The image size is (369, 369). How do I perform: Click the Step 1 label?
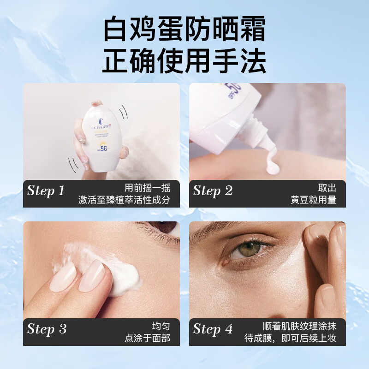(46, 190)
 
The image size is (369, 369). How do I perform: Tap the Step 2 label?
(213, 190)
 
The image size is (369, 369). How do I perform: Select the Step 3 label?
(47, 329)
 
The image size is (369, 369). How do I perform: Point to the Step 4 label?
(213, 329)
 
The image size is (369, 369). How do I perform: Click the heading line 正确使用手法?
(184, 61)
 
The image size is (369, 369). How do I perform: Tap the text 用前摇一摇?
(147, 188)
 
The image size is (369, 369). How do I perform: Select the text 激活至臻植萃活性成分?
(124, 200)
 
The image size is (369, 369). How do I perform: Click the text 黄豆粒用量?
(313, 200)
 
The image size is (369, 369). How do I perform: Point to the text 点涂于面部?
(147, 339)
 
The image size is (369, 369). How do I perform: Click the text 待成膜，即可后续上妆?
(290, 339)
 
